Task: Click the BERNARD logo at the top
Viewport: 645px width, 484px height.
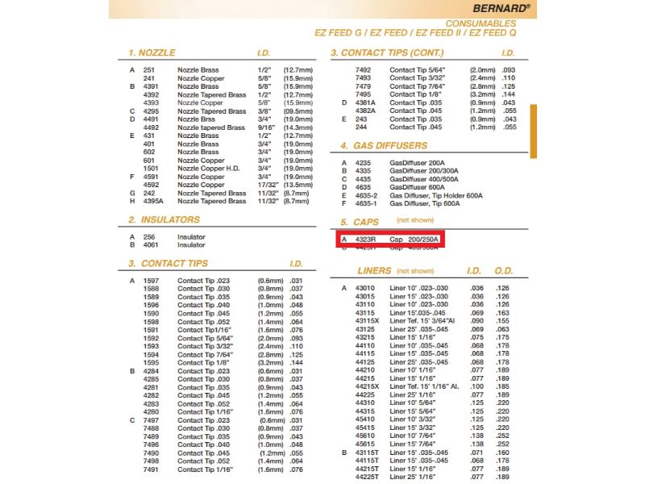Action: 497,7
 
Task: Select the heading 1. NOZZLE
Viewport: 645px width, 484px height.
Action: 152,52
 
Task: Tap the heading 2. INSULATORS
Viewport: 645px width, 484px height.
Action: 164,219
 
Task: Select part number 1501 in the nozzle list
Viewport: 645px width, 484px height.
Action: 151,168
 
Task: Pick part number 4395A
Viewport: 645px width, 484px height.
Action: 153,201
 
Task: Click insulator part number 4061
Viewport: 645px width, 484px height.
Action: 151,244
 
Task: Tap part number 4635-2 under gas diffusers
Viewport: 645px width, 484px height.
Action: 368,195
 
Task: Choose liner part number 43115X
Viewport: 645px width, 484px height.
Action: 367,320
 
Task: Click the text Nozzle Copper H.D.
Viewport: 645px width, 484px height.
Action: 209,168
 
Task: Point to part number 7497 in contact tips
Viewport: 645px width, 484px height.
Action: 151,419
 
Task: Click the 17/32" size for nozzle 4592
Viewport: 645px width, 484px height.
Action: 258,185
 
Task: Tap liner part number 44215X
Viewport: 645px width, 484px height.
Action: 367,386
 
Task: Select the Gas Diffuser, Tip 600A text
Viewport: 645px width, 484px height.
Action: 425,203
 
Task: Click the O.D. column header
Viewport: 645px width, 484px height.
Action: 504,271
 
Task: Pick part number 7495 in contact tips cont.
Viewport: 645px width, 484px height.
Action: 364,94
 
